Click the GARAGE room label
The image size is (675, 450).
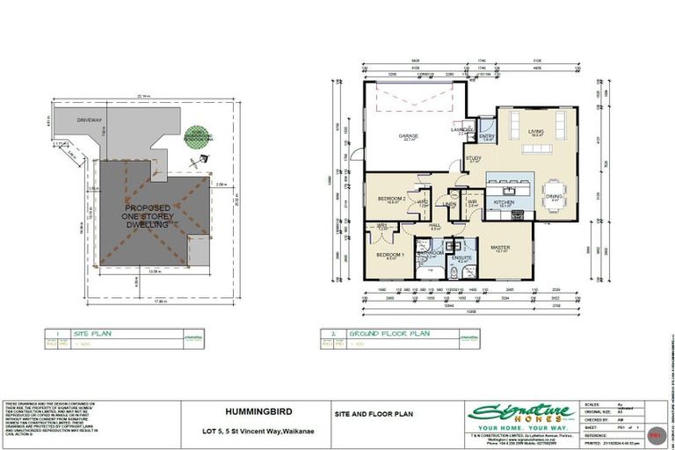408,136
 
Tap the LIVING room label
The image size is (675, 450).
535,131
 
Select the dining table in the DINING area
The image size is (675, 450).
554,192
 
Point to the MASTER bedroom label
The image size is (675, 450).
501,247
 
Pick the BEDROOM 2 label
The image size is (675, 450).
390,199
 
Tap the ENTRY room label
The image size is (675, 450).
486,136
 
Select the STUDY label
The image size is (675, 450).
474,158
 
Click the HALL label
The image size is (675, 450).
434,225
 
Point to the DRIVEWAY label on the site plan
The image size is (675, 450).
90,120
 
